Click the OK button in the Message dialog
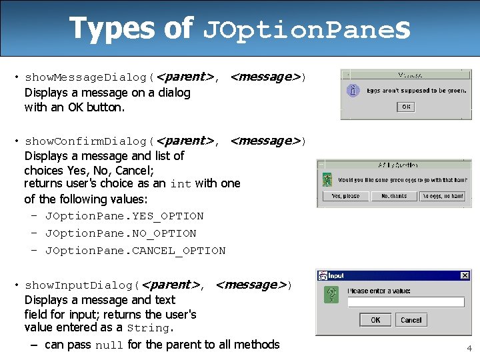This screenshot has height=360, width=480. (x=405, y=107)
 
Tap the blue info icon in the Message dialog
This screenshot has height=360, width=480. (x=354, y=91)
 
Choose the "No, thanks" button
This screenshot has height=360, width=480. (x=394, y=196)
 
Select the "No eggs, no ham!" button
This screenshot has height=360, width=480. (x=443, y=196)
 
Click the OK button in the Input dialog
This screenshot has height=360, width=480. (x=375, y=320)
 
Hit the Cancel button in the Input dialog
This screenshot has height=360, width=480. (x=411, y=320)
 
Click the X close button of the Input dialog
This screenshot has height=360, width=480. (x=465, y=275)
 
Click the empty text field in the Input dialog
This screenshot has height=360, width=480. (x=406, y=302)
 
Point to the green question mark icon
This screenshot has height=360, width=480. (x=329, y=295)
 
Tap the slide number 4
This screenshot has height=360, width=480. (x=469, y=348)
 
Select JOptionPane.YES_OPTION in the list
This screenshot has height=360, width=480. (x=124, y=216)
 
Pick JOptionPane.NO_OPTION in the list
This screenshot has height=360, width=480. (x=120, y=233)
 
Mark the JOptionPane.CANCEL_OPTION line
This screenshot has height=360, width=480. (x=135, y=251)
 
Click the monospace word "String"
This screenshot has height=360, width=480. (x=148, y=328)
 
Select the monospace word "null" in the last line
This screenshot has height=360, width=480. (x=109, y=345)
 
